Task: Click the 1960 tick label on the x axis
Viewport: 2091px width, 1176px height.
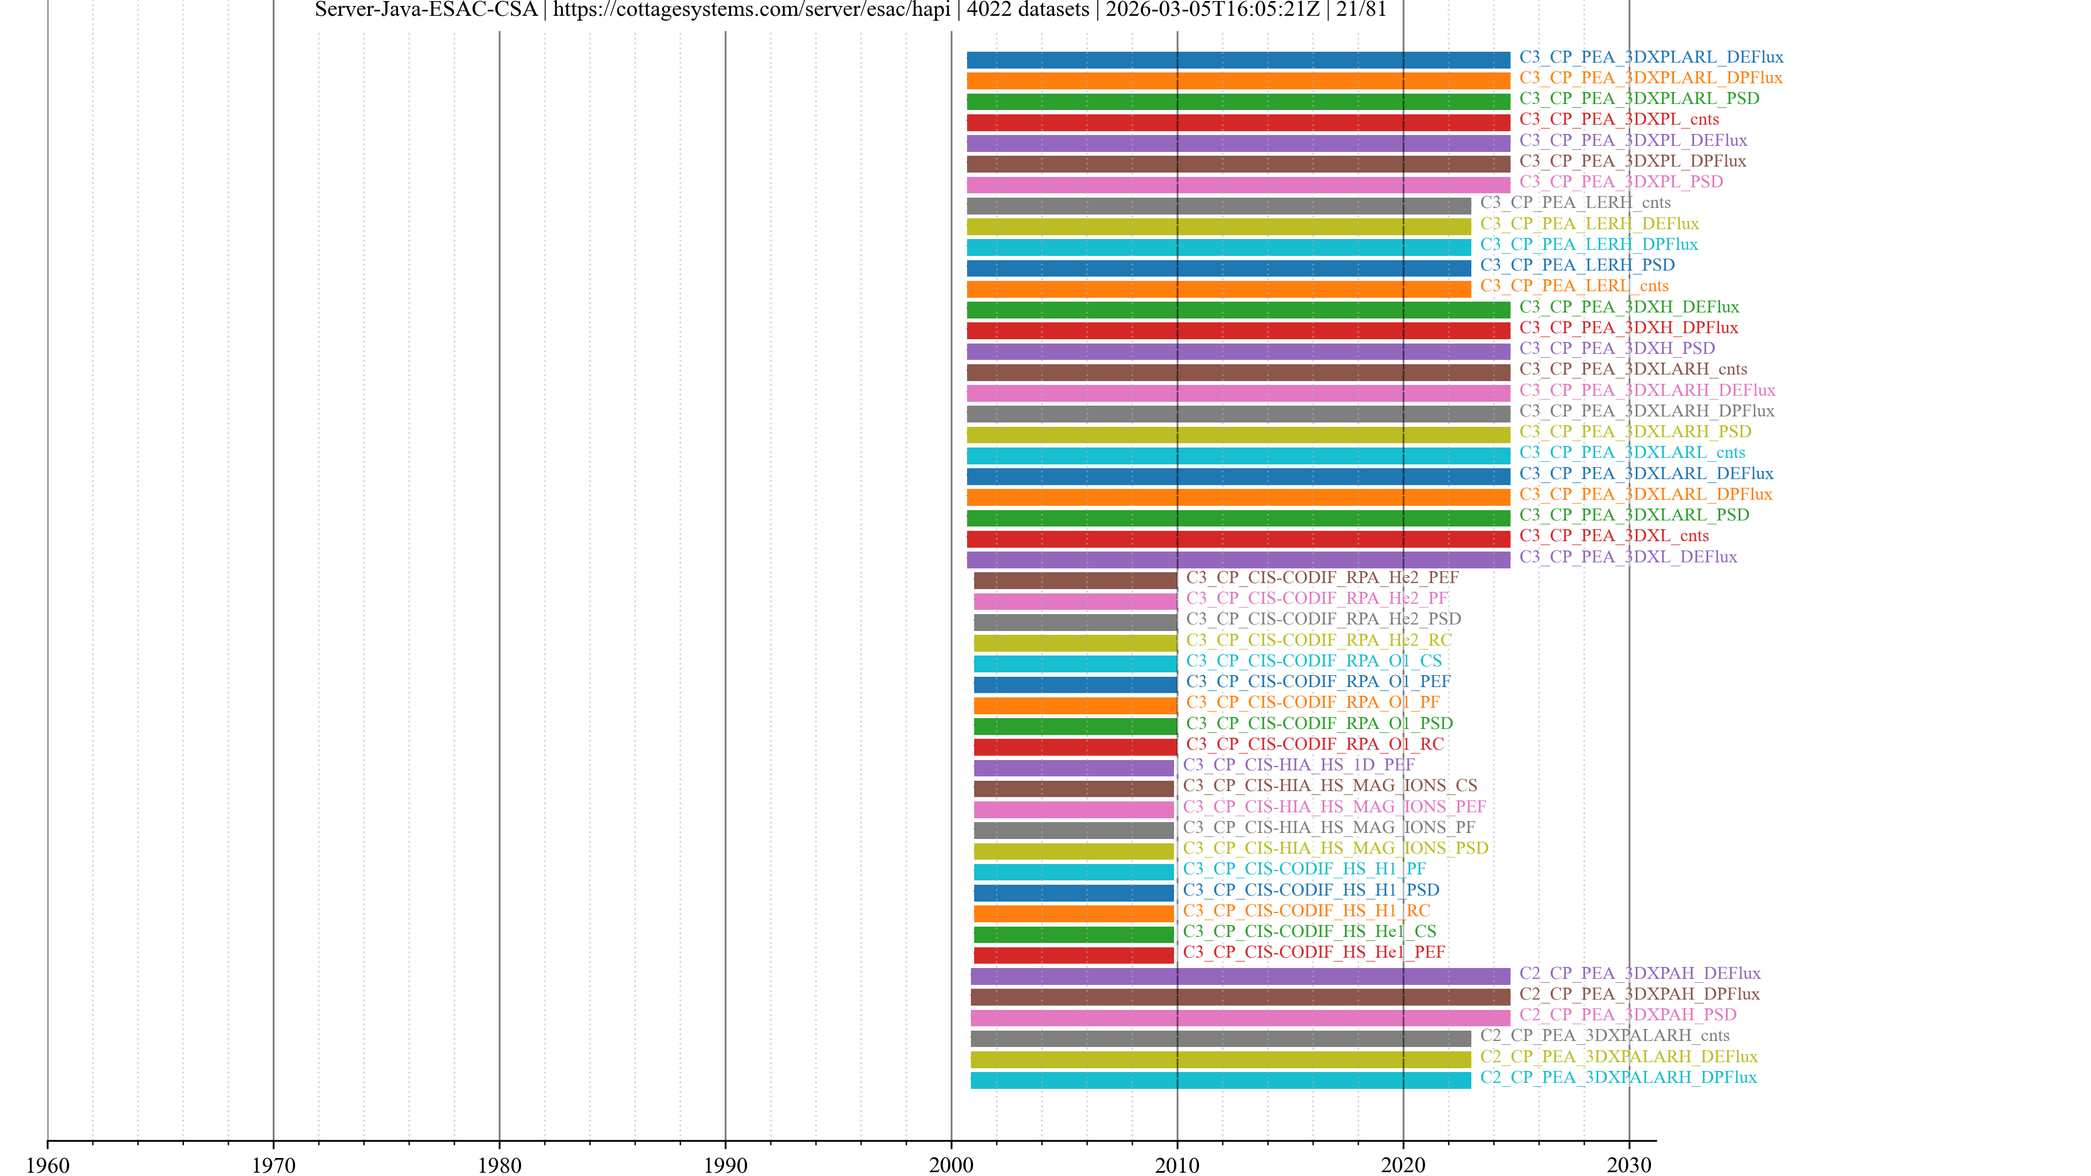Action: tap(48, 1165)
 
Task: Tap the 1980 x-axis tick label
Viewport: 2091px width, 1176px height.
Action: tap(499, 1165)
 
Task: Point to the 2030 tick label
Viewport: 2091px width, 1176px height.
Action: tap(1628, 1165)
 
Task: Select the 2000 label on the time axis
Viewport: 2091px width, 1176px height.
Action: tap(951, 1165)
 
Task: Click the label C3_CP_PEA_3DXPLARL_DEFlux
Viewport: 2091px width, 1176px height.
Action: tap(1651, 57)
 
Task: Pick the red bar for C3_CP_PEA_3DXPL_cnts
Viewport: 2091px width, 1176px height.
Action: tap(1238, 122)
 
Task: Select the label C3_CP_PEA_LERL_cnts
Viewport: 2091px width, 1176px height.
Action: tap(1574, 286)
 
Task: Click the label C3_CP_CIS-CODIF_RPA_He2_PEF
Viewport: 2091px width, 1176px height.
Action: tap(1322, 577)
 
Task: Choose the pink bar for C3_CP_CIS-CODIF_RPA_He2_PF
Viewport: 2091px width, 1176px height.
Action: tap(1075, 602)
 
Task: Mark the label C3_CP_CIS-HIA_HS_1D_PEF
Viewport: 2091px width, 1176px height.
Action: tap(1299, 764)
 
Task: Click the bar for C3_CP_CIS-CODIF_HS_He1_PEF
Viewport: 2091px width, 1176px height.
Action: tap(1073, 955)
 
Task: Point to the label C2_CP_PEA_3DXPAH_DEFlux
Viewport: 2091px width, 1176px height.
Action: tap(1640, 972)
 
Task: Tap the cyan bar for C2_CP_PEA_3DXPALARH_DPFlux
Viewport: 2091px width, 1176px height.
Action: tap(1220, 1080)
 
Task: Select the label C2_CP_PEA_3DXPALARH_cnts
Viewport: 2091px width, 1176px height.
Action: tap(1604, 1035)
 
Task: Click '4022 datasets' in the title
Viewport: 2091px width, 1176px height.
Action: tap(1028, 10)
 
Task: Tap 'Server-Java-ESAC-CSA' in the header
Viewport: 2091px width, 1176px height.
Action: tap(426, 10)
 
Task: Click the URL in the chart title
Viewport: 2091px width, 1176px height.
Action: tap(751, 10)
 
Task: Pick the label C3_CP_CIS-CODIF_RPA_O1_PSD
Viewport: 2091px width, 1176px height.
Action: tap(1319, 723)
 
